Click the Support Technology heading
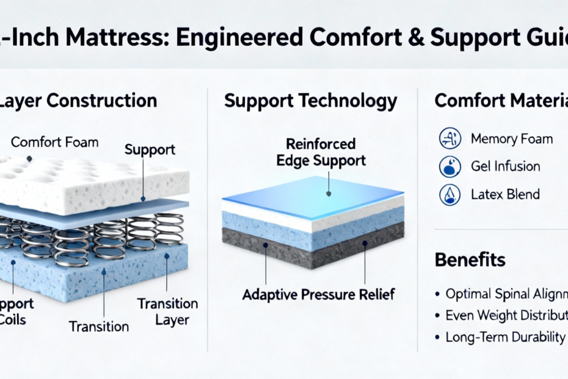tap(311, 101)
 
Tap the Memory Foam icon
tap(450, 139)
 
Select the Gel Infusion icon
tap(450, 166)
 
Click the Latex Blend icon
tap(450, 194)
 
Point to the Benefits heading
tap(470, 260)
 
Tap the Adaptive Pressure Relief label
tap(318, 295)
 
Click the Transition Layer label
tap(167, 311)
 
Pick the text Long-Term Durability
tap(505, 337)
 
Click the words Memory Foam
tap(511, 139)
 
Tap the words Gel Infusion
tap(505, 166)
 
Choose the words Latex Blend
tap(505, 194)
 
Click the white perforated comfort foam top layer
tap(92, 180)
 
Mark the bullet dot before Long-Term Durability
tap(437, 337)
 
